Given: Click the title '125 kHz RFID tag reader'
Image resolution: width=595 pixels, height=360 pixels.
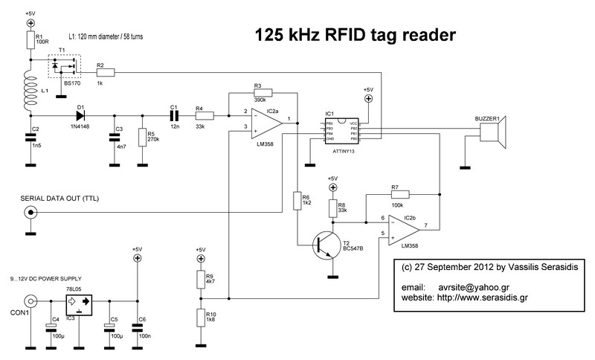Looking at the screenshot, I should click(356, 34).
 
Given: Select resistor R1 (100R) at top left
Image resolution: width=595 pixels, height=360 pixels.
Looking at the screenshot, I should click(30, 40).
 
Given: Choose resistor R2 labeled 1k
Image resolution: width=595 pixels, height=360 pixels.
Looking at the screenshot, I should click(105, 73).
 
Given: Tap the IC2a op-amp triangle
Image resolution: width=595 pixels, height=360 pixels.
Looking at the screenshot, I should click(264, 122).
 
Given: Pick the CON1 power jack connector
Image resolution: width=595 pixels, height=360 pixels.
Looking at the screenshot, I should click(30, 302).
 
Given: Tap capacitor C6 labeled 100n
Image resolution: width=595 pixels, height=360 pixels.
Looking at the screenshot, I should click(136, 324).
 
